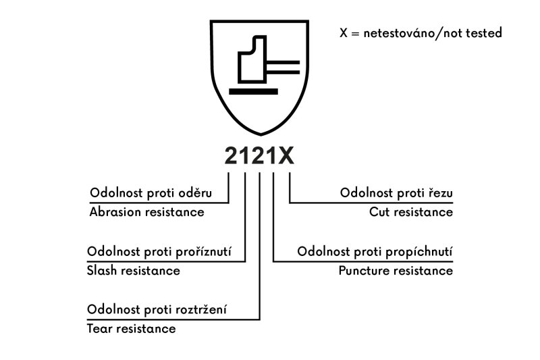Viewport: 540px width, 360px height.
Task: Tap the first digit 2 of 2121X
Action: (233, 156)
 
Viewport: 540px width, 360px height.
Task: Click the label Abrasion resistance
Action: (146, 212)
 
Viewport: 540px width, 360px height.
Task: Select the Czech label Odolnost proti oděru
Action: (151, 193)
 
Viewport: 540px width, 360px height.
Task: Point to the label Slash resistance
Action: (134, 271)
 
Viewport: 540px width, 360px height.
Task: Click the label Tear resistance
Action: (132, 329)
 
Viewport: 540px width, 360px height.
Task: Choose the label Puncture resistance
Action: (396, 271)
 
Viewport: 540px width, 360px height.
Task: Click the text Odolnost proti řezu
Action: (396, 193)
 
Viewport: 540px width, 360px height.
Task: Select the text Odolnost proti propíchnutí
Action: (375, 252)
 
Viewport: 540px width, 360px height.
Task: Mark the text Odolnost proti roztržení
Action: (157, 310)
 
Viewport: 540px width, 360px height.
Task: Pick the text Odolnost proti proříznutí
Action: (159, 252)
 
